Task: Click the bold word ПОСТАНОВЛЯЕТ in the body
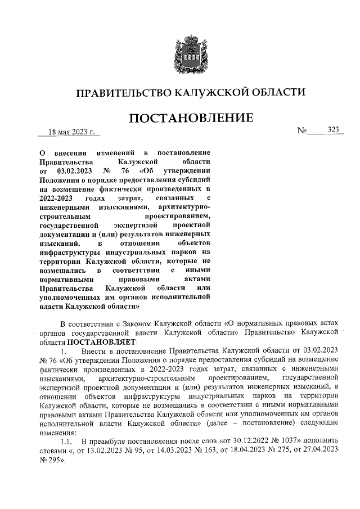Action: point(98,341)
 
